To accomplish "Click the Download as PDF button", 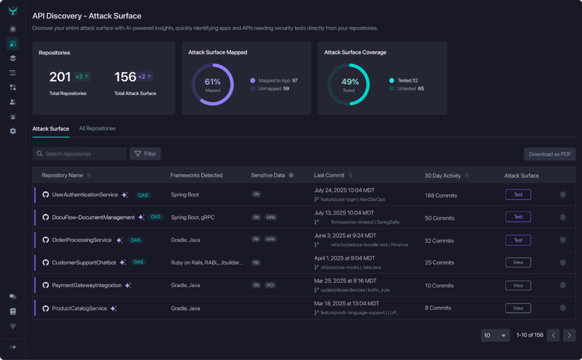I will tap(549, 154).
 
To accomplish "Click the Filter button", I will tap(145, 154).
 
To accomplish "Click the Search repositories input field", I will tap(80, 154).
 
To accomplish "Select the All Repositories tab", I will tap(97, 128).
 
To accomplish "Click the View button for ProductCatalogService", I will tap(518, 308).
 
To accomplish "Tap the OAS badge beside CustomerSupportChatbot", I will tap(139, 262).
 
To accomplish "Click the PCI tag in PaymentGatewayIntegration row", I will tap(270, 285).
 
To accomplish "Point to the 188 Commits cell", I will tap(441, 195).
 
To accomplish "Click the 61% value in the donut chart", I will tap(213, 82).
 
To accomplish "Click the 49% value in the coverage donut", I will tap(349, 82).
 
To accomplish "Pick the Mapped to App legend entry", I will tap(273, 80).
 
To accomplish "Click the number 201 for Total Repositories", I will tap(60, 77).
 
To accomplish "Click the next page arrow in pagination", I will tap(569, 335).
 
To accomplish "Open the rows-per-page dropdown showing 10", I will tap(495, 335).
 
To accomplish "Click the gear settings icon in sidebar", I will tap(12, 131).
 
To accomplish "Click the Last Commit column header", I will tap(328, 175).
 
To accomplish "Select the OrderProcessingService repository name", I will tap(82, 240).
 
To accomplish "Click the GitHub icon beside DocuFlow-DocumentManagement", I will tap(46, 217).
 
